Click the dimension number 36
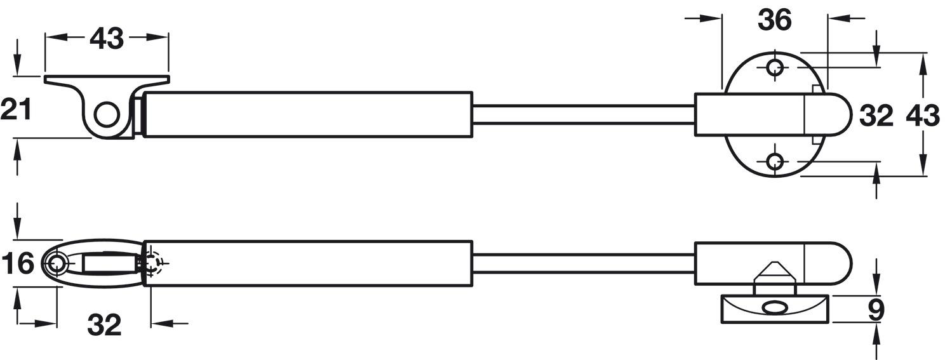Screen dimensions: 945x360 coord(775,20)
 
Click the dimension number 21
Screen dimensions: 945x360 coord(16,109)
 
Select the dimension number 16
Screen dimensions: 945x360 coord(18,263)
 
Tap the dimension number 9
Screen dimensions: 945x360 coord(876,311)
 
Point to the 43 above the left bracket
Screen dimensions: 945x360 coord(107,38)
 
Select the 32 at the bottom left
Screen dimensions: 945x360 coord(104,324)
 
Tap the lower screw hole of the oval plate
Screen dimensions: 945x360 coord(775,161)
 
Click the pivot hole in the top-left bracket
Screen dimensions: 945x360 coord(106,115)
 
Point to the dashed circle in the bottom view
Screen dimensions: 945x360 coord(152,263)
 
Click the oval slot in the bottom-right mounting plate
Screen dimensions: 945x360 coord(775,307)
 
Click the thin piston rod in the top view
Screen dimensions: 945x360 coord(584,115)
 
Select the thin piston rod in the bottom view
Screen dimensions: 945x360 coord(584,263)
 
